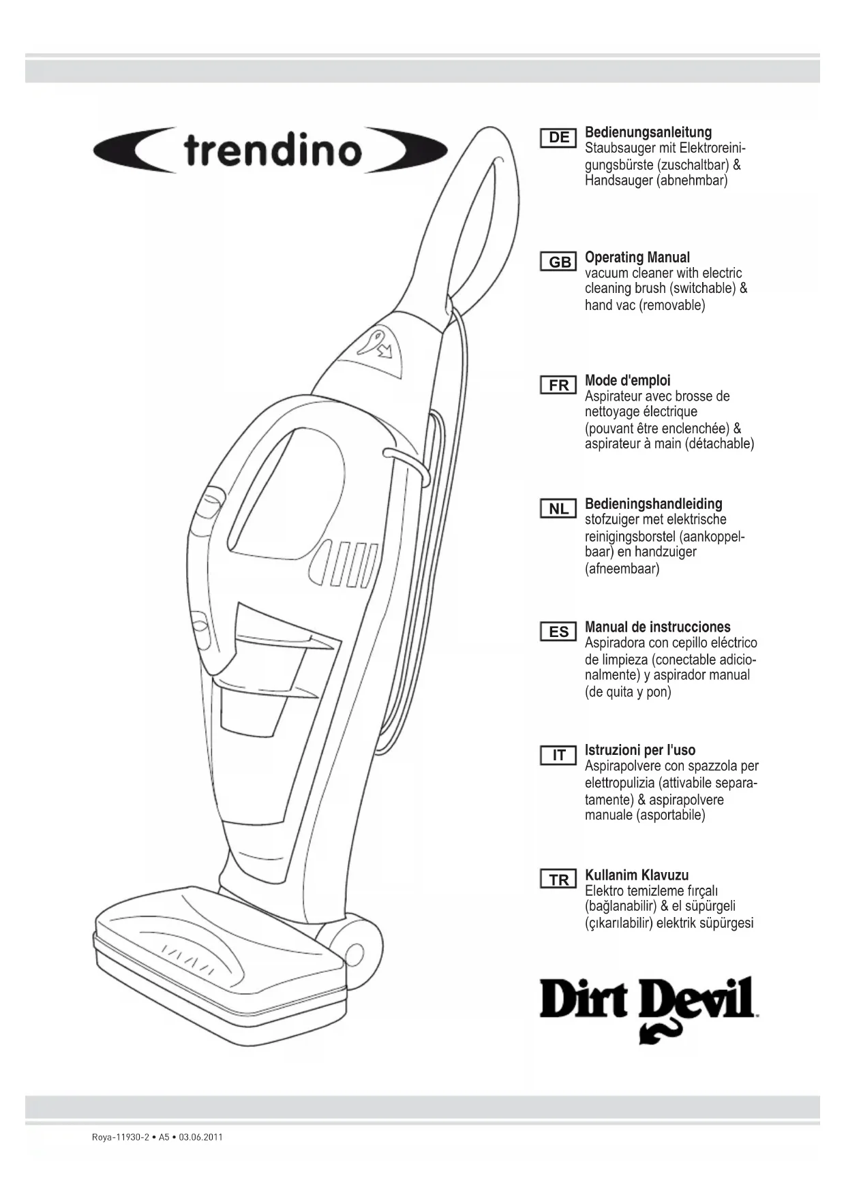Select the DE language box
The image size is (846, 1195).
(558, 138)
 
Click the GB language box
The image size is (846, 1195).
(559, 262)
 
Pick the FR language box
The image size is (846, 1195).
(558, 386)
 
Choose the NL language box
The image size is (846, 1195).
(558, 509)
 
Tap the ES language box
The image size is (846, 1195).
(558, 632)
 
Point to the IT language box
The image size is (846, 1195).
(558, 756)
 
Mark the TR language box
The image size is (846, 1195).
(558, 880)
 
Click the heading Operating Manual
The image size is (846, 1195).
(637, 258)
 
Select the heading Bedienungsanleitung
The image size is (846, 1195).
(648, 132)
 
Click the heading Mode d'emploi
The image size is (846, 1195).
(627, 381)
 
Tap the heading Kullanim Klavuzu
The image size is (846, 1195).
(637, 875)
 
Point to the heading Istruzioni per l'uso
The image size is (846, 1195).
(639, 750)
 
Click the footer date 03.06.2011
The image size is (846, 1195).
(200, 1137)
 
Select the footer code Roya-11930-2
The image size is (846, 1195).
(120, 1137)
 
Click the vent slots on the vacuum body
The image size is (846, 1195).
(348, 563)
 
